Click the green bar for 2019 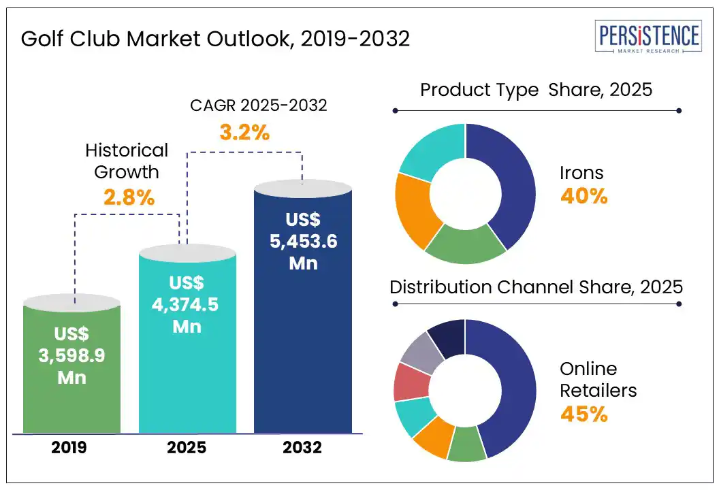click(x=71, y=367)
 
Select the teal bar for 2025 click(x=187, y=340)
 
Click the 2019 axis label click(x=71, y=448)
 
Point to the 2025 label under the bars click(x=187, y=448)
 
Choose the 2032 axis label click(x=302, y=448)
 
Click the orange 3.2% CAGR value click(x=244, y=132)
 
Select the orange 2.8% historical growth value click(x=129, y=197)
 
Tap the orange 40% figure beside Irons click(x=584, y=196)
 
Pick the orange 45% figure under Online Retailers click(x=584, y=414)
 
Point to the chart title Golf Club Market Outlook click(x=215, y=39)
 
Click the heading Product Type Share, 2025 click(x=536, y=89)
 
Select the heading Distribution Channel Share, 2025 click(x=536, y=287)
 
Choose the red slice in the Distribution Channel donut click(x=411, y=382)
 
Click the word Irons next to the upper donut click(x=581, y=173)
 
